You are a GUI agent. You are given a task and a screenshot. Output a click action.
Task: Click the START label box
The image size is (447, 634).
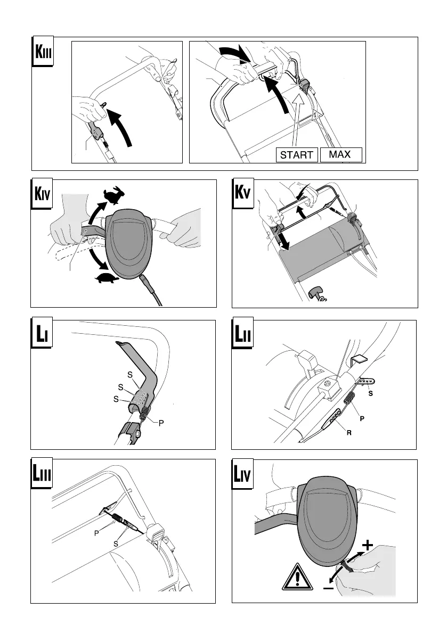click(297, 155)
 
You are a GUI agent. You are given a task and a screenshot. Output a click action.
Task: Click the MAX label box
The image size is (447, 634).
click(340, 154)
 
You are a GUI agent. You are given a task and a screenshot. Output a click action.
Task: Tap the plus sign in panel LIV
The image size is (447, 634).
click(368, 545)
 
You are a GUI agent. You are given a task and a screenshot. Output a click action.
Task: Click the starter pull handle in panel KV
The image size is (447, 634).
click(313, 292)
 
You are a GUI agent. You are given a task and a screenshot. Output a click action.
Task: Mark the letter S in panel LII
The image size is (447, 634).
click(371, 394)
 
